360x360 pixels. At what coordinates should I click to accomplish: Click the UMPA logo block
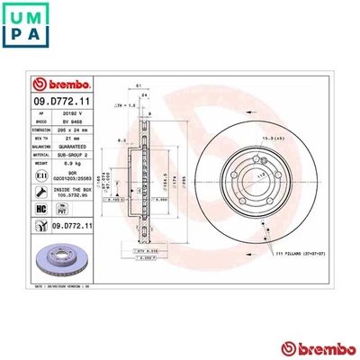(27, 27)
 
